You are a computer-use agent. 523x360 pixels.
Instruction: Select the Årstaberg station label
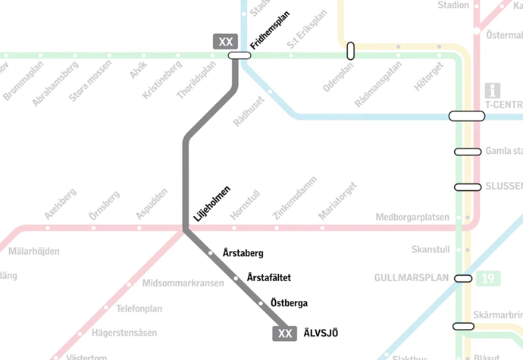click(x=243, y=253)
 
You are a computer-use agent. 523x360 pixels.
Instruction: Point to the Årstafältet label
click(x=269, y=278)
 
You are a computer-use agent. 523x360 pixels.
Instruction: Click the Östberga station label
click(x=289, y=303)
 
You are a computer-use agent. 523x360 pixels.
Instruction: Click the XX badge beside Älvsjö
click(x=285, y=333)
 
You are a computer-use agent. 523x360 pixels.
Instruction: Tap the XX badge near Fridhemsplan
click(x=225, y=42)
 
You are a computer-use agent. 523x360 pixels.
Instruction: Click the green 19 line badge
click(x=487, y=279)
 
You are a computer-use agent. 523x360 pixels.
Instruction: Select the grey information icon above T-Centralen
click(x=493, y=90)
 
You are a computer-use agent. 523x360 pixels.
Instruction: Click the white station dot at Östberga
click(x=260, y=303)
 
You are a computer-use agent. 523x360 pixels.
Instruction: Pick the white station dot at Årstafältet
click(x=235, y=278)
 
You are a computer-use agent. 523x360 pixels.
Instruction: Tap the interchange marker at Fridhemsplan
click(x=240, y=55)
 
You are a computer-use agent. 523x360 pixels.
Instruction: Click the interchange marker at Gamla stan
click(x=468, y=152)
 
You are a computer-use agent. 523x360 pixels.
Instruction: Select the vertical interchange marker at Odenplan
click(x=350, y=51)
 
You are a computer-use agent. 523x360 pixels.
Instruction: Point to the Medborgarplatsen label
click(x=412, y=218)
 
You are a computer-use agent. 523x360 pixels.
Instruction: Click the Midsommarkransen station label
click(x=183, y=283)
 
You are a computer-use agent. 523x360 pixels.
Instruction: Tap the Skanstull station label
click(x=431, y=249)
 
